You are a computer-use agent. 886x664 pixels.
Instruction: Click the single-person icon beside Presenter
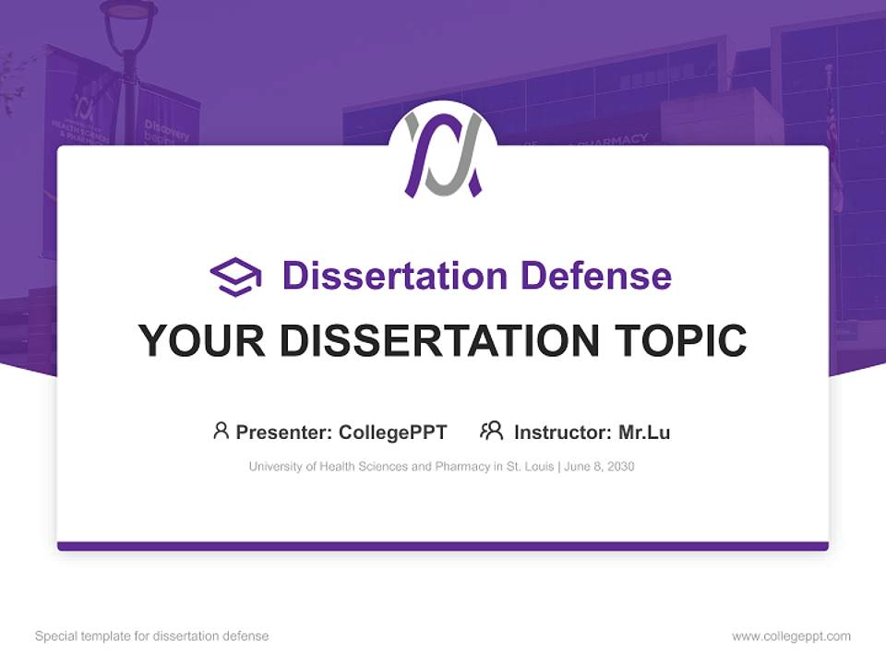221,431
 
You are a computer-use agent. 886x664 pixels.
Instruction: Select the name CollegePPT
393,433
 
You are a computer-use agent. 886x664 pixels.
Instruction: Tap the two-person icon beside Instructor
491,431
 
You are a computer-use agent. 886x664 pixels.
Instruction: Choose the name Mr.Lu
644,433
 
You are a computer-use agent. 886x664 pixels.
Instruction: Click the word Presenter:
284,433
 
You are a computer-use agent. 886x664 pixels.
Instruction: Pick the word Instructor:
562,433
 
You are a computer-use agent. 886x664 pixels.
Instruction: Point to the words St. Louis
528,467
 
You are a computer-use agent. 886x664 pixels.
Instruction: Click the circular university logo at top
443,152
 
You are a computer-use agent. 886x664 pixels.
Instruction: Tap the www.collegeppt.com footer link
791,636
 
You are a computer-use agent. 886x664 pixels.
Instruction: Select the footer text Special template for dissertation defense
151,636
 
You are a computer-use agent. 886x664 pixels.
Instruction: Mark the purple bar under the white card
443,546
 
